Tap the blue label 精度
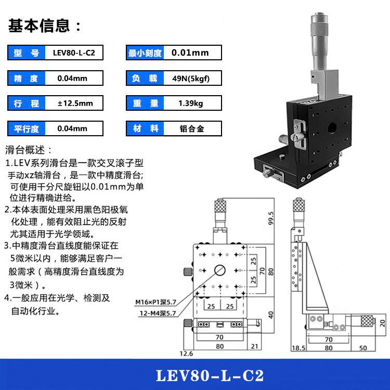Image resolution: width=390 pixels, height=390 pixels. click(x=27, y=79)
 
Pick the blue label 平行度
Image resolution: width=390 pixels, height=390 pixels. click(x=27, y=128)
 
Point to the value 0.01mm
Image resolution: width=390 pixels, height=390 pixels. click(x=190, y=53)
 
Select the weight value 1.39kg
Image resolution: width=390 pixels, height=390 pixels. click(x=190, y=103)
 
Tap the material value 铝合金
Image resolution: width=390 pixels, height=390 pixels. click(x=190, y=128)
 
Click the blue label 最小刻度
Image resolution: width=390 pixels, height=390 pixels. click(x=145, y=53)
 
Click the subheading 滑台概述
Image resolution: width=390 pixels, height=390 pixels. click(x=29, y=150)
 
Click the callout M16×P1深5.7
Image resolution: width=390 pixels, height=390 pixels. click(x=155, y=302)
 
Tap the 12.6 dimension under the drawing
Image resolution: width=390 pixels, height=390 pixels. click(x=186, y=354)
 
